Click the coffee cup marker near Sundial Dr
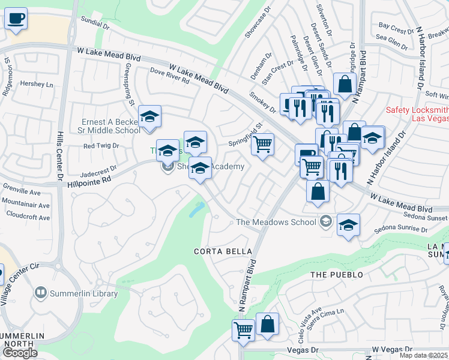16,18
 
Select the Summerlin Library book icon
41,293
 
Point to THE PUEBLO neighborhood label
337,275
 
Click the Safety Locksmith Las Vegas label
417,114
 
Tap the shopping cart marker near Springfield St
262,145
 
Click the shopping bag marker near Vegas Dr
268,324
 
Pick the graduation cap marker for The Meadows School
348,225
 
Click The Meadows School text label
276,222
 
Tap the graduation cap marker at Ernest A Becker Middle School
149,117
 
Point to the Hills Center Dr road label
60,156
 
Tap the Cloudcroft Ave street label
28,217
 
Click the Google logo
20,353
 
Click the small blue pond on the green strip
196,209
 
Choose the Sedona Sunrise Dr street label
399,229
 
